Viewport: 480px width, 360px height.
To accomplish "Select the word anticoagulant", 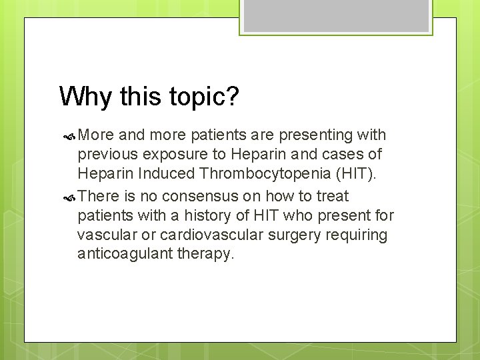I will point(125,255).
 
